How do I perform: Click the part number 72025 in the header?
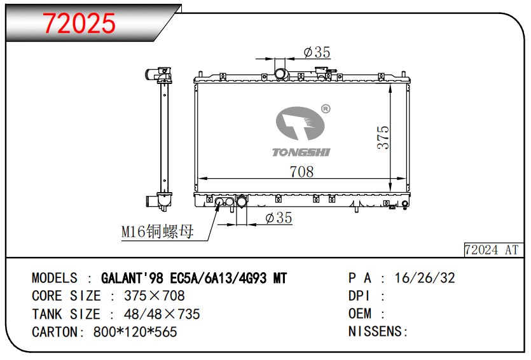[x=79, y=24]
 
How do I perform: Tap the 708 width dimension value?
[x=301, y=171]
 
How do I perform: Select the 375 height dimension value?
[x=383, y=137]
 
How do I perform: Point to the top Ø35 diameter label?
[x=316, y=53]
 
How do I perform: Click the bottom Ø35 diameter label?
[x=279, y=218]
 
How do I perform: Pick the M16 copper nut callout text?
[x=158, y=232]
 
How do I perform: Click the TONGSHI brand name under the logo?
[x=301, y=152]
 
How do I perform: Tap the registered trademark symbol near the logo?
[x=326, y=109]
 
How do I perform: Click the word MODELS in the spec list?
[x=55, y=278]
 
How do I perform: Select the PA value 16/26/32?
[x=425, y=278]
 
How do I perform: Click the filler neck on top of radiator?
[x=282, y=74]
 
